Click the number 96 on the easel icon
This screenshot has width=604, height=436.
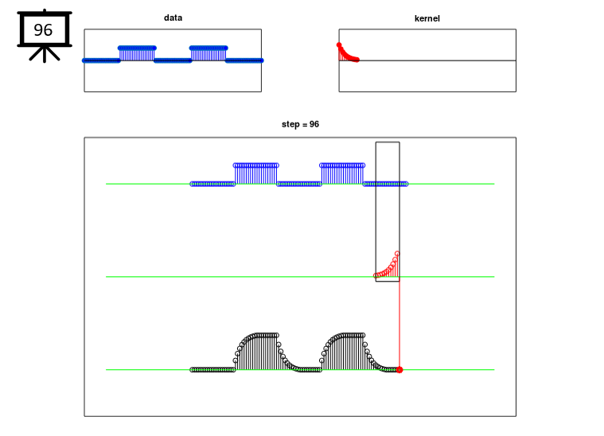(x=43, y=30)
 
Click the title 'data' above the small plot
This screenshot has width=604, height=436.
(x=173, y=18)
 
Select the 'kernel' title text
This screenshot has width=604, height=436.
(x=427, y=18)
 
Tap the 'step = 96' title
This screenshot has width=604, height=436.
(x=300, y=124)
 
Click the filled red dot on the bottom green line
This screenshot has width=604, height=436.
(x=399, y=370)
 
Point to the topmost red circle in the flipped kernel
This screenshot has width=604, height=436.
(x=397, y=254)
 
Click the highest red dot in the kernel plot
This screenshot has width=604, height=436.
(x=339, y=45)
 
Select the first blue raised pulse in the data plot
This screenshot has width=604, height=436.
(x=137, y=54)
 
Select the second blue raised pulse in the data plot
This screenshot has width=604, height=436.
(x=208, y=54)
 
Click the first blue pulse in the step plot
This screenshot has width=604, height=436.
(x=256, y=174)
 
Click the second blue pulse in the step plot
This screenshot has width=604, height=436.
(x=342, y=174)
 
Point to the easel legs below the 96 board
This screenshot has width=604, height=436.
(x=45, y=54)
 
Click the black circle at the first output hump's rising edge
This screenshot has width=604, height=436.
(x=236, y=360)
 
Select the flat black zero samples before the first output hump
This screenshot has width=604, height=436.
(x=212, y=370)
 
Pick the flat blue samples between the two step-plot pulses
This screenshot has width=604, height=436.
(x=299, y=184)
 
